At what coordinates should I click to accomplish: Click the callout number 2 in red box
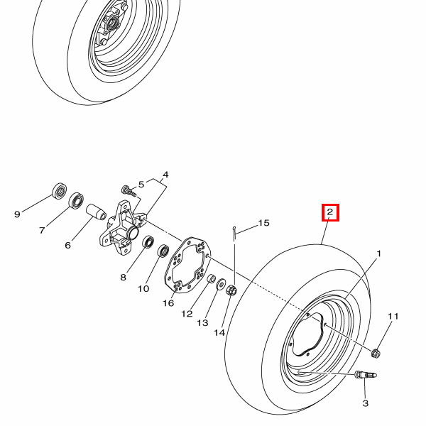[x=330, y=212]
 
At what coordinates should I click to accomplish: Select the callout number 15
[x=263, y=223]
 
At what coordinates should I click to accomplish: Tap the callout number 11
[x=393, y=317]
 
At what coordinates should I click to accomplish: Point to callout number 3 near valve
[x=366, y=403]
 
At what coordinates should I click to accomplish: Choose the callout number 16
[x=168, y=303]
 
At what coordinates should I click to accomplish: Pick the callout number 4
[x=165, y=175]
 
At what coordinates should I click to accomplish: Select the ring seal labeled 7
[x=77, y=202]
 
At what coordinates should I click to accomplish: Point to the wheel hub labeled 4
[x=124, y=229]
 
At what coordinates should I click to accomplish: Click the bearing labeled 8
[x=149, y=242]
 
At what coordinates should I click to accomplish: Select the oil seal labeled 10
[x=163, y=251]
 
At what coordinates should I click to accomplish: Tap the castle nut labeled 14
[x=231, y=290]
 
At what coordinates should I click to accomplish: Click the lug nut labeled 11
[x=376, y=352]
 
